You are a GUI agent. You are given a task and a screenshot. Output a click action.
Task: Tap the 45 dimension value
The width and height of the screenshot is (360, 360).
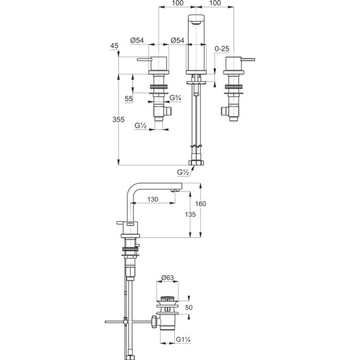click(114, 46)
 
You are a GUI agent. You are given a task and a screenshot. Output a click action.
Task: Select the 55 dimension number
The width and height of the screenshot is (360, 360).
click(128, 99)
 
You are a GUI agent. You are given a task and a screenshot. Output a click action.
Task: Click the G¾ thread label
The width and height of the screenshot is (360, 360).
click(177, 99)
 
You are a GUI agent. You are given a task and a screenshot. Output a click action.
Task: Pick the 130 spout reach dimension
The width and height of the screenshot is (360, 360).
click(153, 199)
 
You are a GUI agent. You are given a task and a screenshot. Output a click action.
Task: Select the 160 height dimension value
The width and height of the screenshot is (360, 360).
click(201, 203)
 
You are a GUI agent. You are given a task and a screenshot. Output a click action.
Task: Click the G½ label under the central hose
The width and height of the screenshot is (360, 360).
click(184, 172)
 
